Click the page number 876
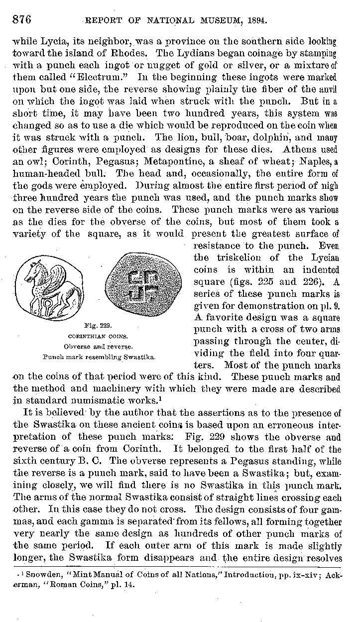click(x=22, y=20)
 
